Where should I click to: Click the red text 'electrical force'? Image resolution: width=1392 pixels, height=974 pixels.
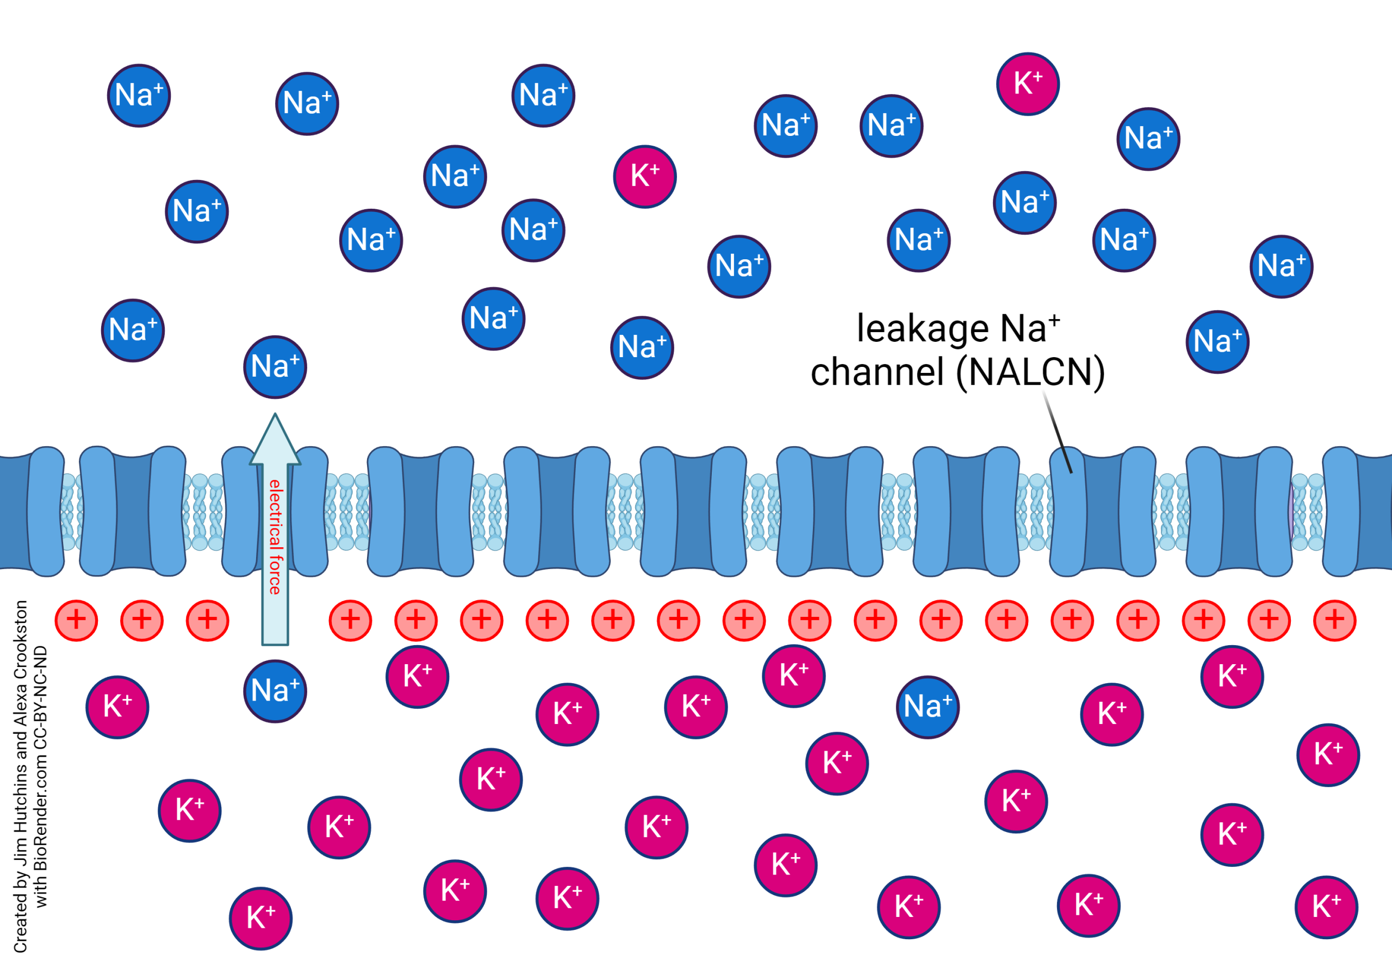[x=275, y=537]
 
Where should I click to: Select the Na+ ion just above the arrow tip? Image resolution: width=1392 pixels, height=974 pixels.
[x=275, y=367]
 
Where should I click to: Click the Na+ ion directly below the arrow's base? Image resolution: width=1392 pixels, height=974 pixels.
[x=275, y=691]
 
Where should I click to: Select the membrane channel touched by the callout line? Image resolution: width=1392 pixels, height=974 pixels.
[x=1102, y=512]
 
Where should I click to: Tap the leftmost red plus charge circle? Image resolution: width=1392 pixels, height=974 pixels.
[x=76, y=620]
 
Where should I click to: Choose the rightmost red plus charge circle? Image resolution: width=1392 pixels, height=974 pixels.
[x=1334, y=620]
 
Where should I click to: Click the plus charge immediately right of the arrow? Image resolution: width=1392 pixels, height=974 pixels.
[x=350, y=620]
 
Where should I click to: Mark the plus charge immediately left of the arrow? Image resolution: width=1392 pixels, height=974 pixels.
[x=208, y=620]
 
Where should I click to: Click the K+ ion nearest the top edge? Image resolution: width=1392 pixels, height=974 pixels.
[x=1028, y=84]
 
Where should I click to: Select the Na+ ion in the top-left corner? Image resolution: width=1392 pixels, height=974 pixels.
[x=139, y=96]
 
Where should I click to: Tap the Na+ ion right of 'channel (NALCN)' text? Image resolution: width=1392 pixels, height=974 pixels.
[x=1217, y=342]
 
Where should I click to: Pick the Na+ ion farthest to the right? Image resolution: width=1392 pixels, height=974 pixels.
[x=1281, y=267]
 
